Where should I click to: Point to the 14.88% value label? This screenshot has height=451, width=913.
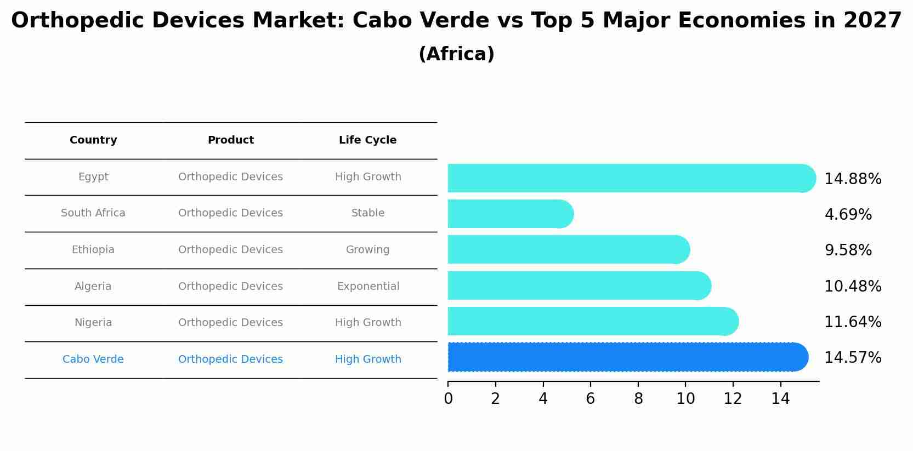coord(853,179)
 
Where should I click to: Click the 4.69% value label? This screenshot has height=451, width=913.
coord(848,215)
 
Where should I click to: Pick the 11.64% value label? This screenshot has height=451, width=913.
coord(853,322)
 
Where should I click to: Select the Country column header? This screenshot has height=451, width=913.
coord(93,140)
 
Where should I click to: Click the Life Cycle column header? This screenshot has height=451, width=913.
coord(367,140)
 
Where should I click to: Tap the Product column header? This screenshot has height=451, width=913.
coord(230,140)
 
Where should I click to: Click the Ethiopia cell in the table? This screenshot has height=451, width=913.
coord(93,250)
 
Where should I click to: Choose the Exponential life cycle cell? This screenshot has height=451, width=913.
coord(368,287)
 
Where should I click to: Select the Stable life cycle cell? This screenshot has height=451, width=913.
coord(368,213)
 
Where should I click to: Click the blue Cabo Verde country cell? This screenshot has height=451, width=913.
coord(93,359)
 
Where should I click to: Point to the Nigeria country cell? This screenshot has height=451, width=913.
coord(93,323)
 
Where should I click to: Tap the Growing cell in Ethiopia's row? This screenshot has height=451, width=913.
coord(367,250)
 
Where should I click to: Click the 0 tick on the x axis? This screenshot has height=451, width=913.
coord(448,399)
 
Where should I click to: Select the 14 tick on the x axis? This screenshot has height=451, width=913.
coord(780,399)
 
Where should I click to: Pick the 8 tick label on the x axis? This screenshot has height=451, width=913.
coord(638,399)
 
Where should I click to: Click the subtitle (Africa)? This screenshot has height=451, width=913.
coord(456,54)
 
